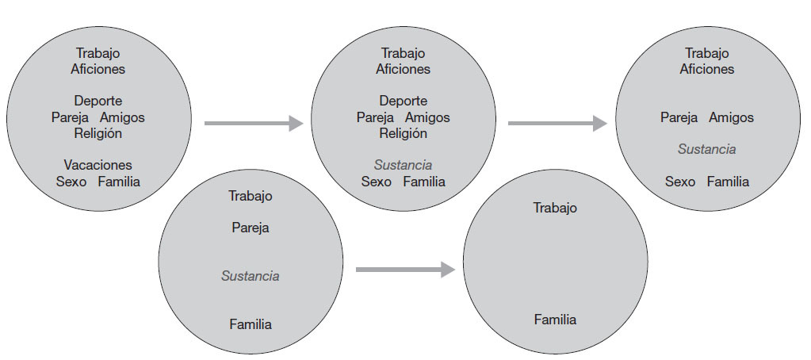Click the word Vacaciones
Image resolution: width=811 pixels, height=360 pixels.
98,165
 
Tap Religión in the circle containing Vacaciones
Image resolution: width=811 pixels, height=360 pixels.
98,133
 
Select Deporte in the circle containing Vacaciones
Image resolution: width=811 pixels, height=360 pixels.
98,101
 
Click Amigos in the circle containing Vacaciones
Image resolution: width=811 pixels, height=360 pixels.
122,117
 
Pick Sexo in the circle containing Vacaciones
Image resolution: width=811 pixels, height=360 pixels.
71,182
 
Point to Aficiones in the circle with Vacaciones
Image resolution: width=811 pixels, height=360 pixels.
98,69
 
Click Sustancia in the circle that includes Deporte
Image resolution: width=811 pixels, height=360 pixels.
403,165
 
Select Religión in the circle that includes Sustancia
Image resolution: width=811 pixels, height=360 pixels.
403,133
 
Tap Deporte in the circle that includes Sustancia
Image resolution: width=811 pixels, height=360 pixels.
403,101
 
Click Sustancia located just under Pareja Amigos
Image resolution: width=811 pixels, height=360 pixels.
706,149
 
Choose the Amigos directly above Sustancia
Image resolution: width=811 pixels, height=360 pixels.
731,117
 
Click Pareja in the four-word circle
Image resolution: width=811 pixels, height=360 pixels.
251,228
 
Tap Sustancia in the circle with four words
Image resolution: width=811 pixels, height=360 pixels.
251,277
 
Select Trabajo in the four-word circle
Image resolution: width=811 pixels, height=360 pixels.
251,195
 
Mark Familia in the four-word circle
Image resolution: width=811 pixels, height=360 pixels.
251,324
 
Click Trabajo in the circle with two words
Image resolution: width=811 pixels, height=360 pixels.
555,208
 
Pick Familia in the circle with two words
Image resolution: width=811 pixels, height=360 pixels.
555,320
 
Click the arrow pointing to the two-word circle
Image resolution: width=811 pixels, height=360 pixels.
405,270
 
